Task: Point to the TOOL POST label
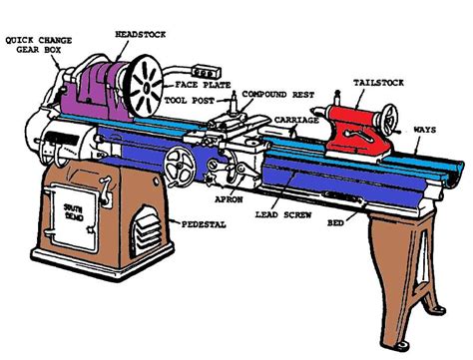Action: pos(193,101)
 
